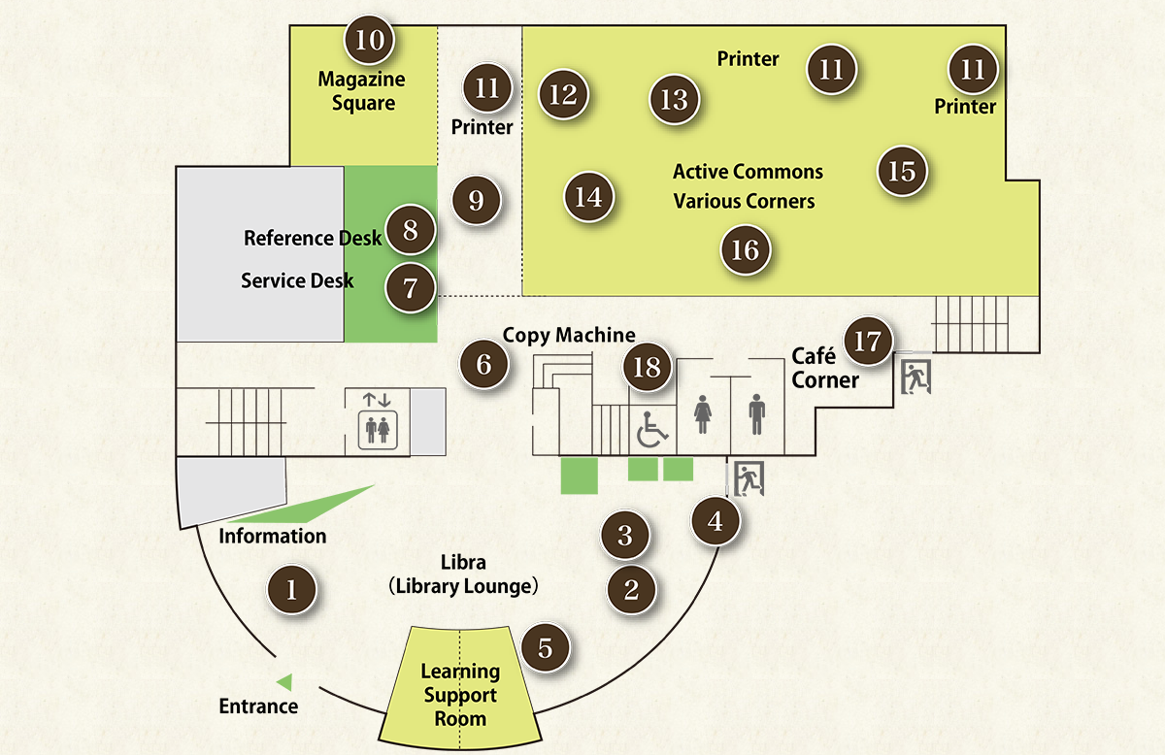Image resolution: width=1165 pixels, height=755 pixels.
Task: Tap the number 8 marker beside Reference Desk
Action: [410, 231]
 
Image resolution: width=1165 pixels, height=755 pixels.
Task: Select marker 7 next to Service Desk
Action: [410, 288]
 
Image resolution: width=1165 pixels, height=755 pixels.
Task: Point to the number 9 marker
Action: [476, 200]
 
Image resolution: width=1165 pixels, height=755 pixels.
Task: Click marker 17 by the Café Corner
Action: [869, 341]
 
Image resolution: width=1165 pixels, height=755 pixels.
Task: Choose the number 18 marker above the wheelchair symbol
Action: [648, 367]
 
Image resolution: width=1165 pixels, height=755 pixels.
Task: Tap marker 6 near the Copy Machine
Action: [483, 364]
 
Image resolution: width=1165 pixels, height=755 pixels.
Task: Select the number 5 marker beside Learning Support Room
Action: [546, 647]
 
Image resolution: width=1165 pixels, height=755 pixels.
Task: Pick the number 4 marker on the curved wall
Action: [716, 521]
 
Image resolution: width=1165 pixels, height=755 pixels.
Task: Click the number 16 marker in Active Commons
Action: [745, 249]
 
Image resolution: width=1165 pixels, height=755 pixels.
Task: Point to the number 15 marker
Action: [902, 171]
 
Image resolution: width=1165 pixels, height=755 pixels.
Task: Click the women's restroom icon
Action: [703, 417]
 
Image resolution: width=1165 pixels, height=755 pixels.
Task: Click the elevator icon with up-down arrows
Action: [377, 420]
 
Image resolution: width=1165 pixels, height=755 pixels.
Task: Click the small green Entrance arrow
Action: [284, 681]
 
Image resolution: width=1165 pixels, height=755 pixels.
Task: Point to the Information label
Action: [273, 536]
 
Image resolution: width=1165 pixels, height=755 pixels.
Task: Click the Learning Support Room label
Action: [460, 695]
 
